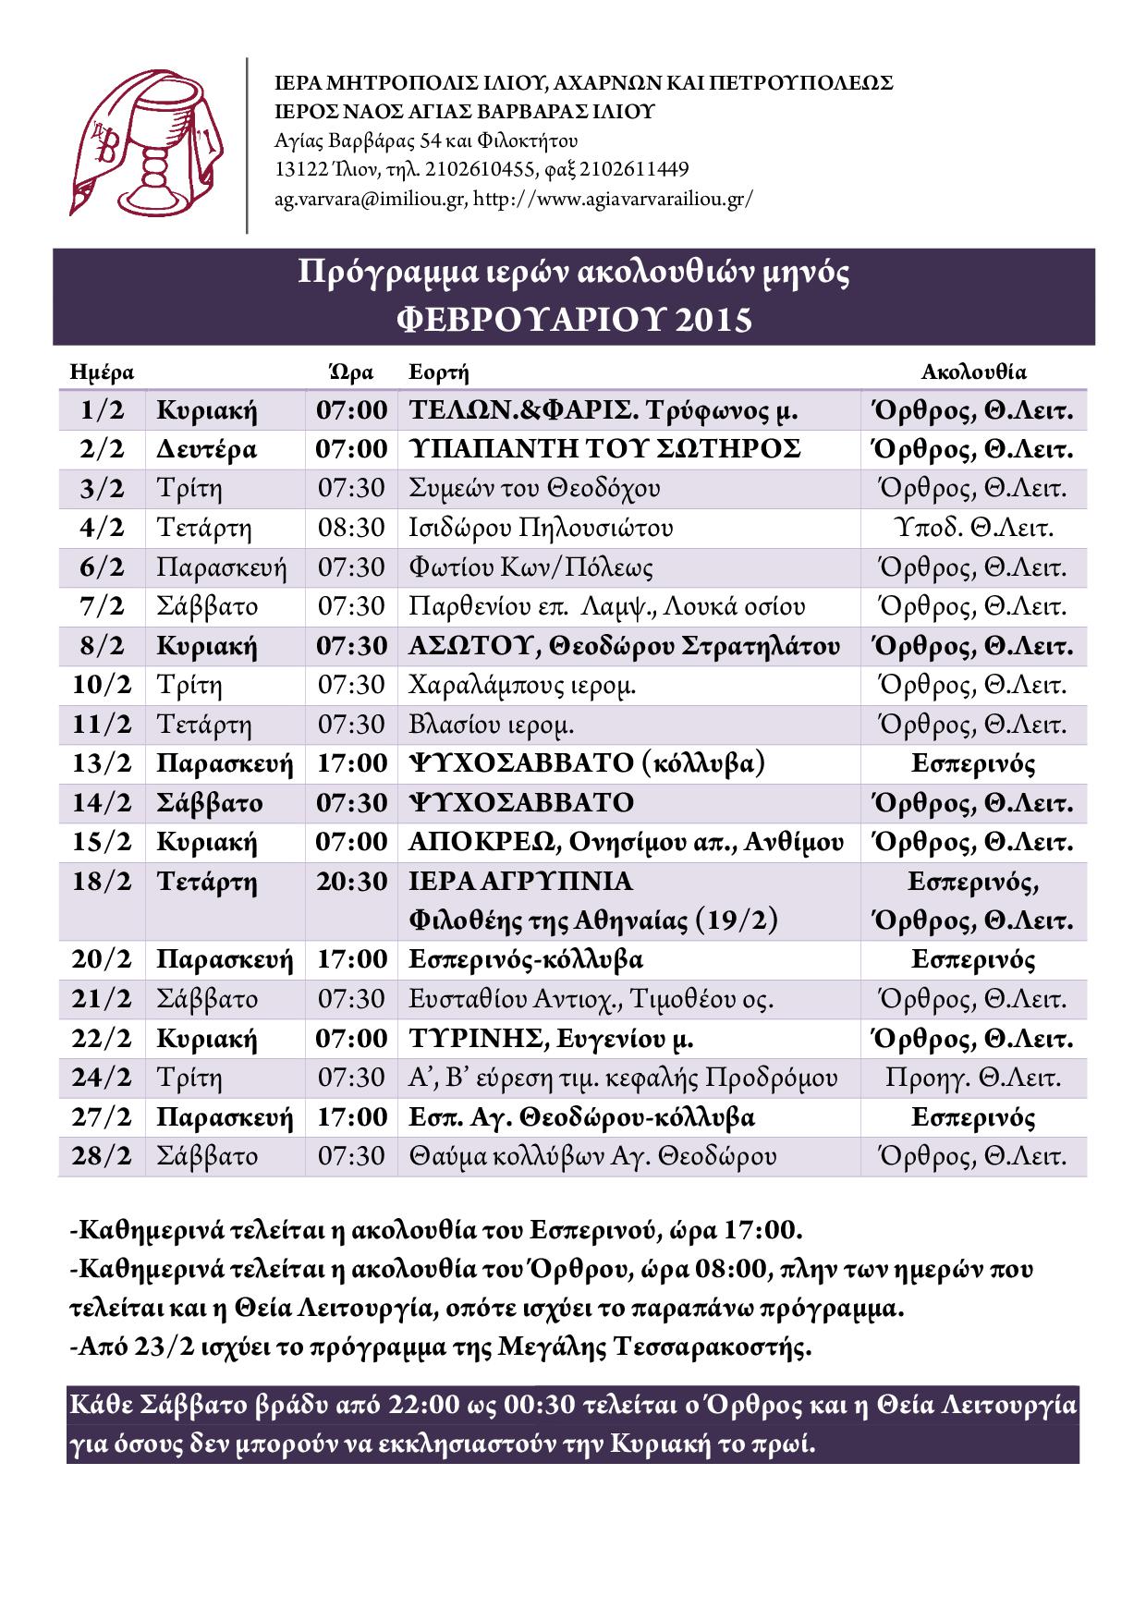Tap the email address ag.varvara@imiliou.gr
[370, 199]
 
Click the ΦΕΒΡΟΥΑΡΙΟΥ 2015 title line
[574, 320]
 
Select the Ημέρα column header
[102, 372]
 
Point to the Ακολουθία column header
[973, 372]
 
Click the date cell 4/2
[102, 528]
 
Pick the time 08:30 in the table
[351, 528]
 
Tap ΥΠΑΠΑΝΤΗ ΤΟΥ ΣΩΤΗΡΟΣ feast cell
[605, 449]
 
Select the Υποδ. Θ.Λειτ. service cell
[973, 528]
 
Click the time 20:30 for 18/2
[351, 882]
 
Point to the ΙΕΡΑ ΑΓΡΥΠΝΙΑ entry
[521, 882]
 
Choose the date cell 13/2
[102, 763]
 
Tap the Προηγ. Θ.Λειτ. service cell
[973, 1078]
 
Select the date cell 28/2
[102, 1156]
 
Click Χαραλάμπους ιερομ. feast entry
[522, 685]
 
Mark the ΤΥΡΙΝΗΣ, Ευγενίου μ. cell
[552, 1039]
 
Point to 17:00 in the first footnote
[762, 1231]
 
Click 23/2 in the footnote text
[157, 1347]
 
